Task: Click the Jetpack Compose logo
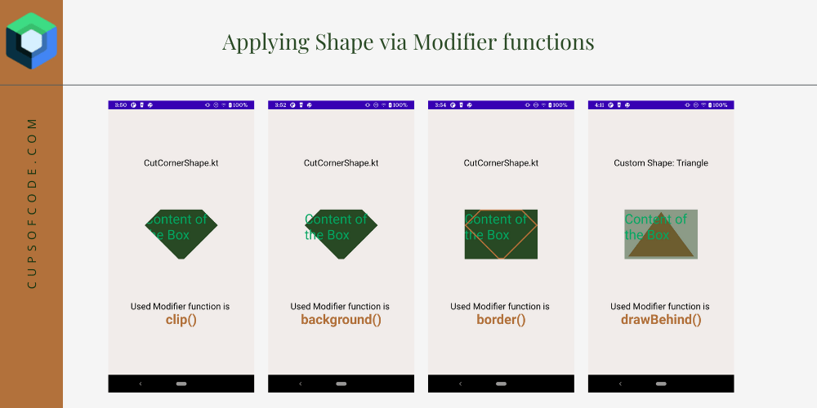click(x=31, y=41)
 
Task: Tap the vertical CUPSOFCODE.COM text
click(x=32, y=202)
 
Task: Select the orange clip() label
click(x=181, y=320)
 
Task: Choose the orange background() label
click(x=341, y=320)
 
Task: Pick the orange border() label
click(x=501, y=320)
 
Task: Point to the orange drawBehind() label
click(x=661, y=320)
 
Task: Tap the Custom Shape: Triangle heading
click(x=661, y=163)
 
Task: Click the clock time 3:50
click(x=121, y=105)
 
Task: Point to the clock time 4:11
click(x=600, y=105)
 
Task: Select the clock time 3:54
click(x=440, y=105)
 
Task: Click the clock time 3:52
click(x=281, y=105)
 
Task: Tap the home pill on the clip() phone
click(x=181, y=384)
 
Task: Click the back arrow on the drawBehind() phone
click(x=620, y=384)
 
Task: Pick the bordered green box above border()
click(x=501, y=234)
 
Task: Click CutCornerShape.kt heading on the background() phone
click(x=341, y=163)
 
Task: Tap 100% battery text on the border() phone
click(x=560, y=105)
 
